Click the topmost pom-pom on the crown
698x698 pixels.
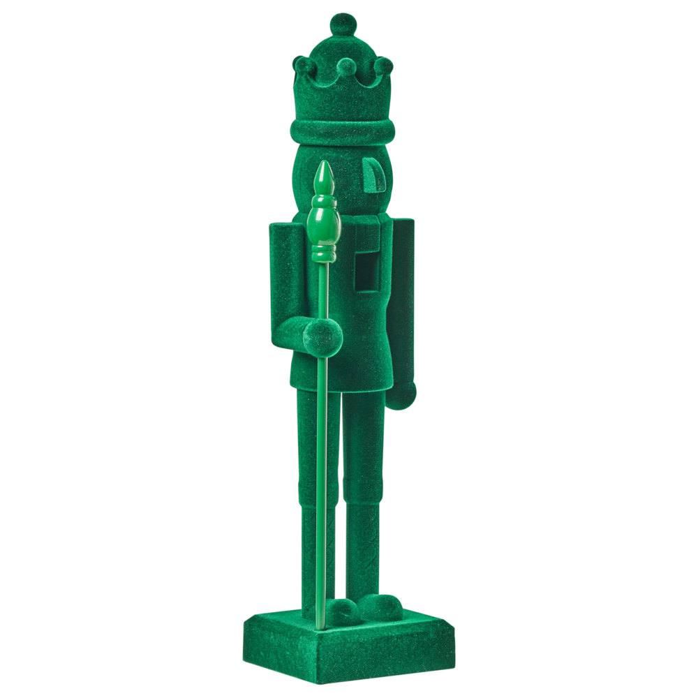pos(343,25)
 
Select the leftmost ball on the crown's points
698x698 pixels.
pos(303,64)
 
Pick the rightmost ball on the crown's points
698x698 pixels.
pos(383,66)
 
